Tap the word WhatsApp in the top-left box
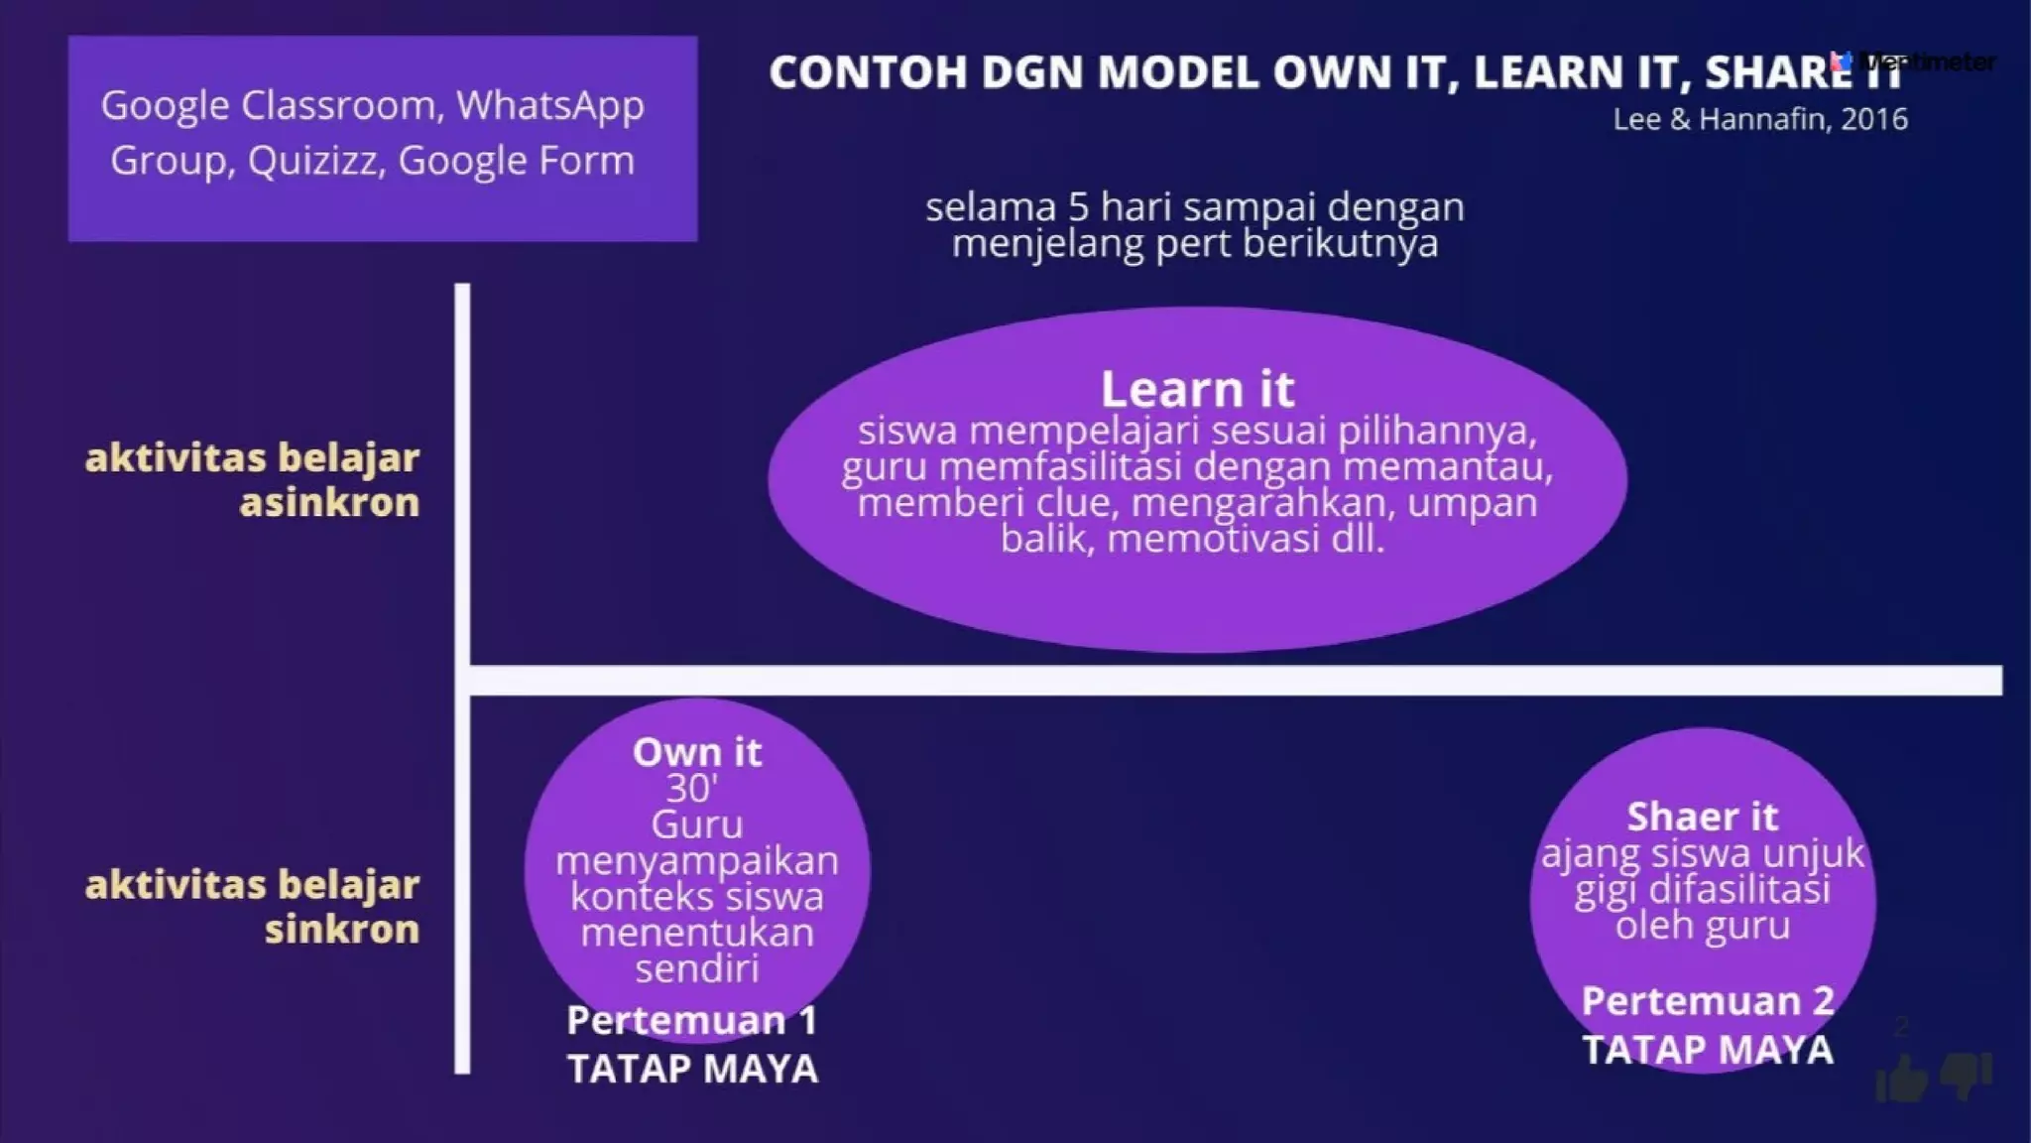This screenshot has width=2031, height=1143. [x=550, y=105]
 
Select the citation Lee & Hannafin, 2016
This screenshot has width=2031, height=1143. [x=1759, y=119]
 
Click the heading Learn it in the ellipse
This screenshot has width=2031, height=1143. [x=1197, y=389]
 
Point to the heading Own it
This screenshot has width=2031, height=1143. [x=697, y=752]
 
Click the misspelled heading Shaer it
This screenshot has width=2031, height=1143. [x=1702, y=817]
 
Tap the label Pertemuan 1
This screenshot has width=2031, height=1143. [x=691, y=1020]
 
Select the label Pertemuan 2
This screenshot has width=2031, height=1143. [x=1707, y=1000]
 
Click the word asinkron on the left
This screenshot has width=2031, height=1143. [x=329, y=502]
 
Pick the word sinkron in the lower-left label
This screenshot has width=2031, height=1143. [x=341, y=929]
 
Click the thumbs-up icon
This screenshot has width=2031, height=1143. [x=1900, y=1079]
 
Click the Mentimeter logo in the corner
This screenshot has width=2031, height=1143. [x=1914, y=62]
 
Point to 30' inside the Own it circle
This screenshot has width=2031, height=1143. [x=691, y=789]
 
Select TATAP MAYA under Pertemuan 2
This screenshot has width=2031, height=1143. [x=1707, y=1050]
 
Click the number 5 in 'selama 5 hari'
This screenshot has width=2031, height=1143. [x=1078, y=207]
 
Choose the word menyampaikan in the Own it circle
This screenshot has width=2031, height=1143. [x=696, y=860]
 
